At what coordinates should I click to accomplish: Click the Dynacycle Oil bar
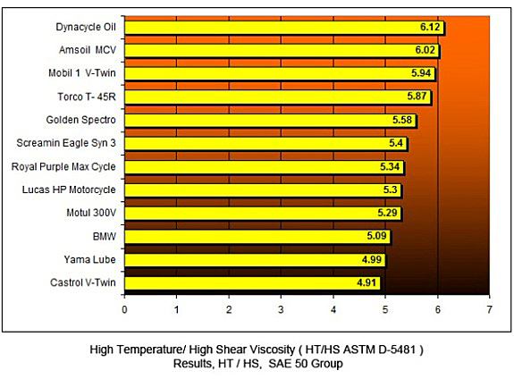pyautogui.click(x=284, y=28)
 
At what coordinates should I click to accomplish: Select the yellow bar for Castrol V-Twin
pyautogui.click(x=252, y=283)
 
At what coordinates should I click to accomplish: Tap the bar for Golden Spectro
pyautogui.click(x=271, y=121)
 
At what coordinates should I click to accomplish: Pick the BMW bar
pyautogui.click(x=257, y=237)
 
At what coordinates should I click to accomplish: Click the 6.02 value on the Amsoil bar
pyautogui.click(x=426, y=50)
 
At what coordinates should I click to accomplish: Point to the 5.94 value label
pyautogui.click(x=421, y=72)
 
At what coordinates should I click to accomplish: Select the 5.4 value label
pyautogui.click(x=396, y=143)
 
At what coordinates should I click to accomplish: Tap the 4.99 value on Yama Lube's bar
pyautogui.click(x=372, y=259)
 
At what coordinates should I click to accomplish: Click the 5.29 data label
pyautogui.click(x=387, y=213)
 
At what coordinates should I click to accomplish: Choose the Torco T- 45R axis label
pyautogui.click(x=87, y=97)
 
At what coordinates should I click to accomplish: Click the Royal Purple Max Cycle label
pyautogui.click(x=63, y=167)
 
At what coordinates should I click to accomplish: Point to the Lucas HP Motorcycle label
pyautogui.click(x=69, y=189)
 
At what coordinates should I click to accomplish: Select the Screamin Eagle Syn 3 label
pyautogui.click(x=66, y=143)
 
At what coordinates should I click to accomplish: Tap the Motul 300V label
pyautogui.click(x=91, y=213)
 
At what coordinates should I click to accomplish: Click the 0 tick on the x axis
pyautogui.click(x=124, y=309)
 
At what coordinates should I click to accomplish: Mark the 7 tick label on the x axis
pyautogui.click(x=489, y=309)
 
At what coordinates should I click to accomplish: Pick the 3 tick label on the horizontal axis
pyautogui.click(x=281, y=309)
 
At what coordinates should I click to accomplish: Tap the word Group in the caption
pyautogui.click(x=327, y=364)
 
